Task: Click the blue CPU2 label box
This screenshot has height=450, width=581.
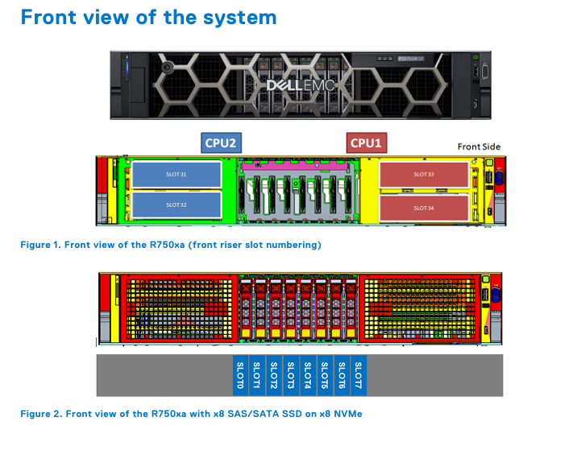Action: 222,142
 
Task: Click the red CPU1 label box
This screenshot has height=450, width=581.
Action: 367,142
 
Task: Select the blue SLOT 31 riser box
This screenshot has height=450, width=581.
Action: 176,175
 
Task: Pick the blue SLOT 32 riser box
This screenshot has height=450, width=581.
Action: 176,204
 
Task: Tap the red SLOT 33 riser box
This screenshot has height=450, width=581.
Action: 424,175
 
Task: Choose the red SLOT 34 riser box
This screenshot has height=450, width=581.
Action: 424,208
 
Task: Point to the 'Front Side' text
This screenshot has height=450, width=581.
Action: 479,147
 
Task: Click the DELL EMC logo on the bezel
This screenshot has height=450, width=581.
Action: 300,85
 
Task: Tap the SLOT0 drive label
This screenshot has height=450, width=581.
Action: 240,376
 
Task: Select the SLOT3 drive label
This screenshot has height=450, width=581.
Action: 291,376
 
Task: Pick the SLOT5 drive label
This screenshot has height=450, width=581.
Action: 325,376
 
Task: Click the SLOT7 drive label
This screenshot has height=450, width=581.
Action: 359,376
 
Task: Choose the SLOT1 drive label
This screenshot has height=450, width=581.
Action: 257,376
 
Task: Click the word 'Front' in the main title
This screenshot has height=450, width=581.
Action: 47,18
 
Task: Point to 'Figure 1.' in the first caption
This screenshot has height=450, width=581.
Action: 41,245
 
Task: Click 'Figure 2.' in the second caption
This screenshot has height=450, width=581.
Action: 42,414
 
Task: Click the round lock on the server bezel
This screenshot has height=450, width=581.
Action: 167,68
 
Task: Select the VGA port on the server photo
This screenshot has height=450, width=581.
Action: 484,72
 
